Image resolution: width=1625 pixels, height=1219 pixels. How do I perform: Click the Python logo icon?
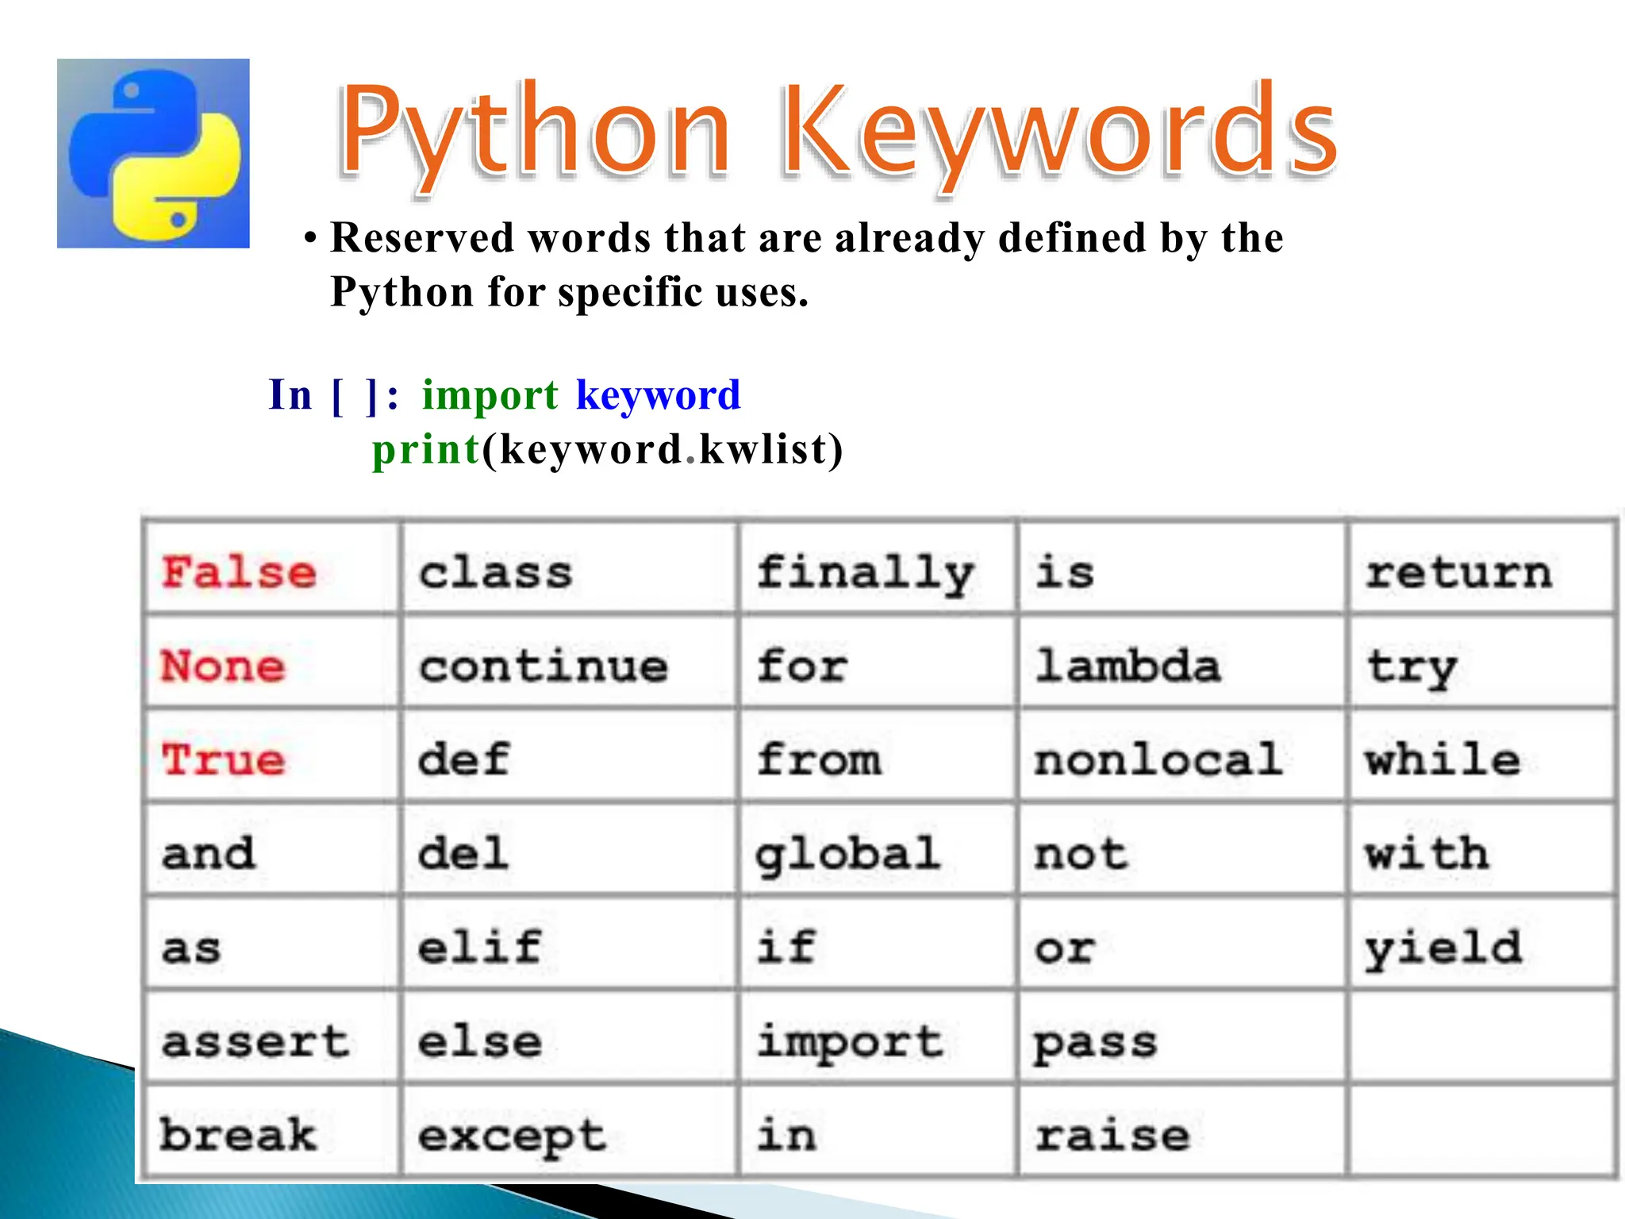pyautogui.click(x=153, y=153)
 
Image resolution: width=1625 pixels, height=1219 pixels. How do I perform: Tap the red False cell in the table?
pyautogui.click(x=239, y=572)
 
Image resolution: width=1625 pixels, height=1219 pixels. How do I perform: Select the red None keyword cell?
pyautogui.click(x=223, y=665)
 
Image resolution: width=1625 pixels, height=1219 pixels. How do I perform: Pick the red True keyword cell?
pyautogui.click(x=223, y=759)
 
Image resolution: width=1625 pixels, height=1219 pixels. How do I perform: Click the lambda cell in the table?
pyautogui.click(x=1128, y=665)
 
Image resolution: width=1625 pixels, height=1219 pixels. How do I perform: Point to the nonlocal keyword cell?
pyautogui.click(x=1158, y=759)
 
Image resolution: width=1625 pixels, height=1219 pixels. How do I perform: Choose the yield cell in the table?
pyautogui.click(x=1443, y=948)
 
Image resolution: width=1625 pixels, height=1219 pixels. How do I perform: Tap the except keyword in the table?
pyautogui.click(x=512, y=1136)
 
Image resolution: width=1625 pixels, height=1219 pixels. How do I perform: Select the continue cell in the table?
pyautogui.click(x=544, y=665)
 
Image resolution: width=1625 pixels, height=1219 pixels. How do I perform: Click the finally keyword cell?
pyautogui.click(x=865, y=572)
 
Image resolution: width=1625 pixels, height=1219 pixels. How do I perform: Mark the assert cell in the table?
pyautogui.click(x=255, y=1041)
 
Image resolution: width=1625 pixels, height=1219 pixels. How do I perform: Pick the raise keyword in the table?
pyautogui.click(x=1112, y=1136)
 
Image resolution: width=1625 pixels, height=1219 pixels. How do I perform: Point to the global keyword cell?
pyautogui.click(x=847, y=854)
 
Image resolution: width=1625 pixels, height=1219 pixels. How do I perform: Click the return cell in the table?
pyautogui.click(x=1458, y=572)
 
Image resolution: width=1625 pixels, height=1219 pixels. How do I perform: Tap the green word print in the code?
pyautogui.click(x=426, y=449)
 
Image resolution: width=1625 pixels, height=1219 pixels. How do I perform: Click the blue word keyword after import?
pyautogui.click(x=658, y=394)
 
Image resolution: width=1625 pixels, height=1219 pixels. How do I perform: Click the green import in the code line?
pyautogui.click(x=490, y=394)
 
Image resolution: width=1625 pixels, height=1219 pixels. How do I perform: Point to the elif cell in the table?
pyautogui.click(x=479, y=948)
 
